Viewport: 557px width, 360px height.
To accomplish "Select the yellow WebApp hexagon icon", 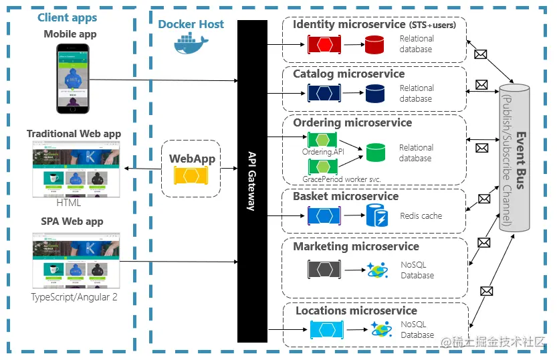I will pyautogui.click(x=191, y=176).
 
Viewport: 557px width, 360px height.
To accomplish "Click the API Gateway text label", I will pyautogui.click(x=251, y=181).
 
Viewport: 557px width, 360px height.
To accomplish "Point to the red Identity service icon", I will pyautogui.click(x=324, y=45).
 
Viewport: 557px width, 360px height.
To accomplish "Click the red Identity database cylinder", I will pyautogui.click(x=374, y=45).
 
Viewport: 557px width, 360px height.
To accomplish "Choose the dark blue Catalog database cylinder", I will pyautogui.click(x=374, y=94).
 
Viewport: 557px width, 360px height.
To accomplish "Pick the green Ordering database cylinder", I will pyautogui.click(x=376, y=153).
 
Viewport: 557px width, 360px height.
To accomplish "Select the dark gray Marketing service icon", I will pyautogui.click(x=324, y=270).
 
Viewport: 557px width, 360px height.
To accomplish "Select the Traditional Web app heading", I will pyautogui.click(x=74, y=134).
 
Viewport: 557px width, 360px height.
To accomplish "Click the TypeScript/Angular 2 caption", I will pyautogui.click(x=74, y=296).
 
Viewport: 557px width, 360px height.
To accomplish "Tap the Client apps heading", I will pyautogui.click(x=67, y=18).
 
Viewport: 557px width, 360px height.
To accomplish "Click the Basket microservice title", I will pyautogui.click(x=345, y=196).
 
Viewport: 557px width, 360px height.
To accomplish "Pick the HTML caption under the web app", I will pyautogui.click(x=68, y=202).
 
